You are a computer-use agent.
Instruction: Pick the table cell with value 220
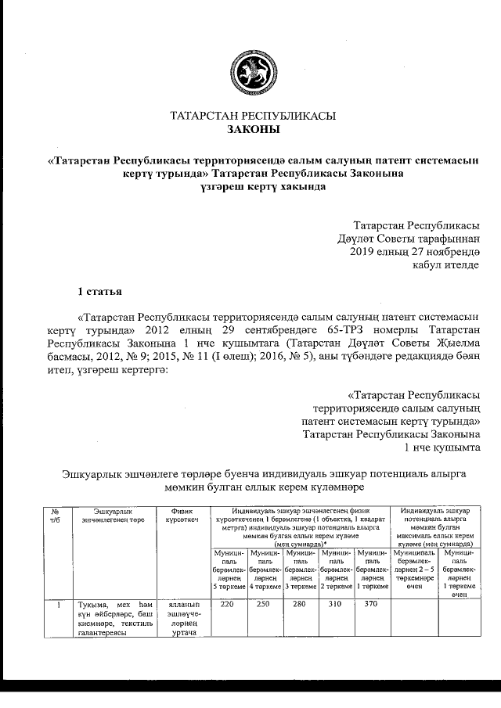pyautogui.click(x=228, y=605)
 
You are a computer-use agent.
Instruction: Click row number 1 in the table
pyautogui.click(x=54, y=605)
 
